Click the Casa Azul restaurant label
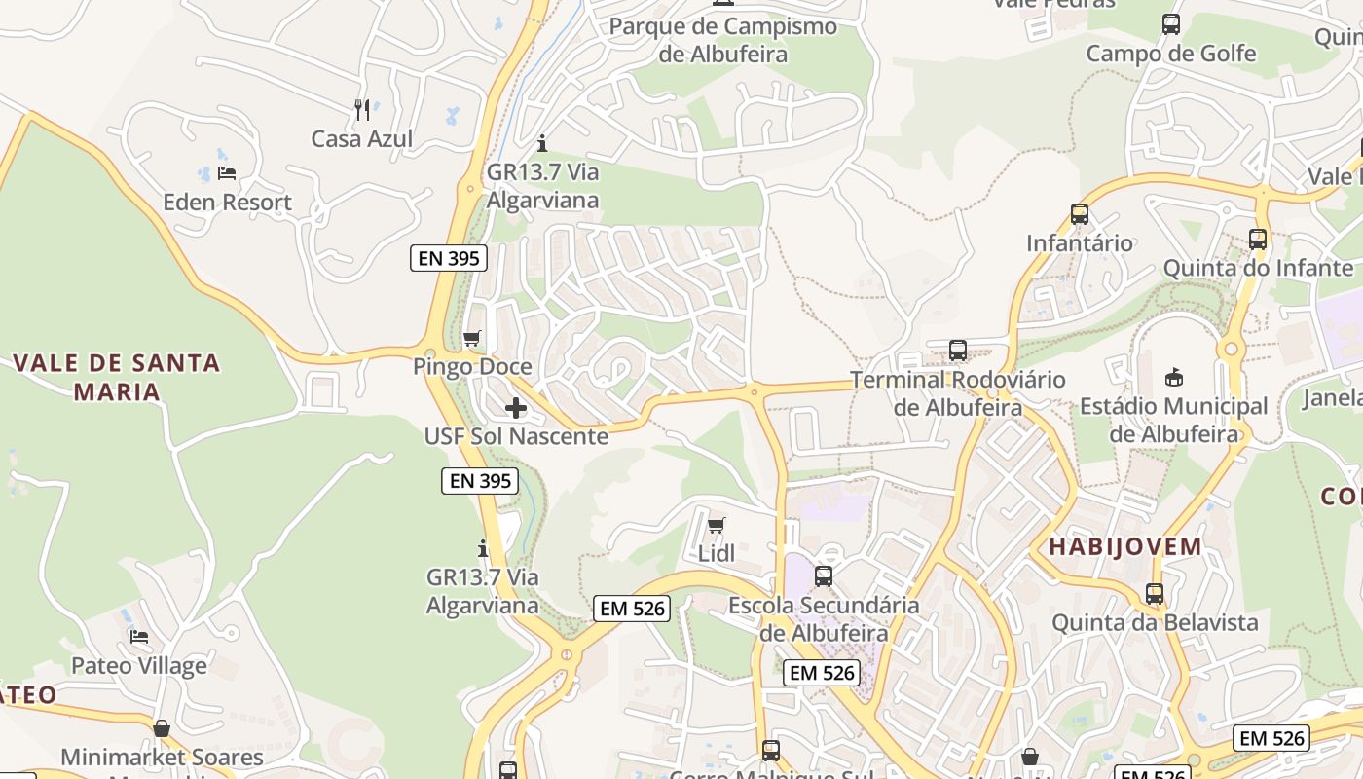tap(362, 139)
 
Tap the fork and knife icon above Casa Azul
tap(362, 110)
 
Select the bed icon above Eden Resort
tap(227, 173)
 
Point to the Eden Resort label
tap(227, 203)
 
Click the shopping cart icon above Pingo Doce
tap(472, 339)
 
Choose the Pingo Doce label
tap(472, 367)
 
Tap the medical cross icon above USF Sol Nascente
tap(516, 408)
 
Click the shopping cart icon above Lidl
tap(717, 526)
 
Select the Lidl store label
tap(717, 554)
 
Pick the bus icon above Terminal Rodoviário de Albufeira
tap(958, 351)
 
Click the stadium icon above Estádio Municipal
tap(1173, 378)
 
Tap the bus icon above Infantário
tap(1080, 214)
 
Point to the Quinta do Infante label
tap(1258, 268)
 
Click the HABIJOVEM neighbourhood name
tap(1125, 547)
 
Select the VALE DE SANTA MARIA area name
tap(117, 378)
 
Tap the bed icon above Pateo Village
tap(139, 638)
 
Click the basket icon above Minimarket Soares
tap(162, 728)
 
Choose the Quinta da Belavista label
tap(1155, 622)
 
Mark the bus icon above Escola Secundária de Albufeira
tap(824, 576)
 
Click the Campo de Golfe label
tap(1171, 54)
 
